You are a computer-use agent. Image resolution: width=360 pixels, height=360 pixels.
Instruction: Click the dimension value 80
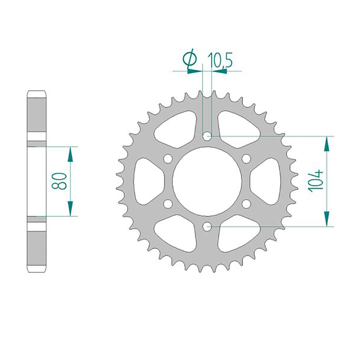pyautogui.click(x=59, y=181)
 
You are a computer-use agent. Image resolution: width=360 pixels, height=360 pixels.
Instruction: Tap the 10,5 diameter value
pyautogui.click(x=220, y=60)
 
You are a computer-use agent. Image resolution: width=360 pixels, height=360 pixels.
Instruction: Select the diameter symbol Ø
pyautogui.click(x=189, y=59)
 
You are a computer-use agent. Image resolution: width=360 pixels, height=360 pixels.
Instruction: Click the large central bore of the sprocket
pyautogui.click(x=207, y=181)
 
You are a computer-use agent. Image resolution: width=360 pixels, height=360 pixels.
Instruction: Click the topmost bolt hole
pyautogui.click(x=207, y=136)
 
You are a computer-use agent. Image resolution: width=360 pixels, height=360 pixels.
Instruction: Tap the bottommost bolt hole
pyautogui.click(x=207, y=227)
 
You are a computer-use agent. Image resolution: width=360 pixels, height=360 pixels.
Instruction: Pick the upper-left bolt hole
pyautogui.click(x=168, y=159)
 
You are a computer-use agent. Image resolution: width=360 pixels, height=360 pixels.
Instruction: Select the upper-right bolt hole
pyautogui.click(x=246, y=159)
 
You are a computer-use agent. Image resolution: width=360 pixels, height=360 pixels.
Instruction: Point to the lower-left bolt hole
pyautogui.click(x=168, y=204)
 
